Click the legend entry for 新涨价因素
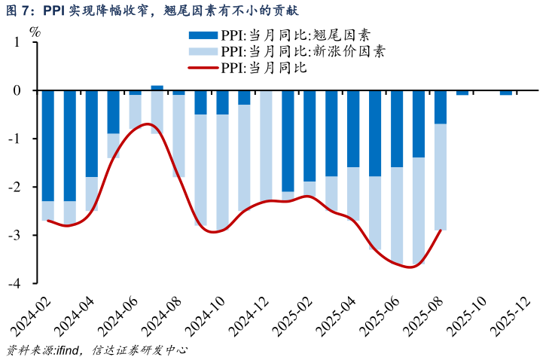(301, 51)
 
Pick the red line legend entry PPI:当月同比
(260, 68)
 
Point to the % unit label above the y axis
(35, 32)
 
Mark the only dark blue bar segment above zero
(157, 87)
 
